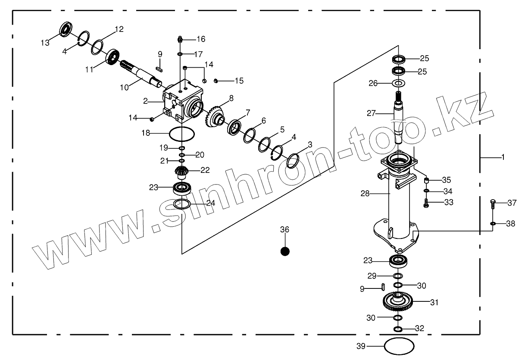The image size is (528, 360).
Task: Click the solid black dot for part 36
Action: (x=285, y=251)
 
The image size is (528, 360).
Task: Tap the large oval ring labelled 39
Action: (x=399, y=345)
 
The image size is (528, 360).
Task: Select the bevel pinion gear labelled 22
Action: (x=182, y=171)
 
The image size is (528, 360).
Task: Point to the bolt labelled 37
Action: (x=494, y=204)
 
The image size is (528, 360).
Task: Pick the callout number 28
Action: (x=365, y=194)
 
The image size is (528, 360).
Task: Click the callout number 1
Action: (x=503, y=158)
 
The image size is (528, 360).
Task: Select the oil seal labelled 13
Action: (x=66, y=30)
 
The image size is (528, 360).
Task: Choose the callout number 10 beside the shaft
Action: (x=124, y=88)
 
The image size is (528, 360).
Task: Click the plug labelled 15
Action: (x=217, y=81)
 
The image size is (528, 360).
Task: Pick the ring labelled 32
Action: (x=398, y=329)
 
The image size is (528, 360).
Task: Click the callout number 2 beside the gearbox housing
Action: (x=146, y=101)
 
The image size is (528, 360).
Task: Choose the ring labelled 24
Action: (x=182, y=203)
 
